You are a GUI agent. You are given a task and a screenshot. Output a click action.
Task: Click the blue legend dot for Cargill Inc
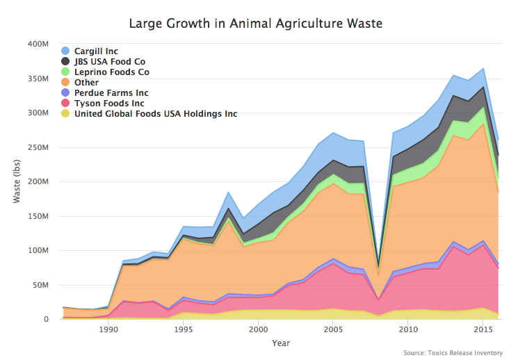[x=65, y=51]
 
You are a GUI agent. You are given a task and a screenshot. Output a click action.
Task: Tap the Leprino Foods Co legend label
[x=111, y=72]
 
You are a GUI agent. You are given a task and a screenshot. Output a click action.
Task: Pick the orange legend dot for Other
[x=65, y=82]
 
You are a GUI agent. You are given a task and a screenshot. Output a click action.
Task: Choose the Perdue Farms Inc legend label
[x=111, y=92]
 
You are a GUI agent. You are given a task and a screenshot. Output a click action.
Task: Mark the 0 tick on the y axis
[x=46, y=320]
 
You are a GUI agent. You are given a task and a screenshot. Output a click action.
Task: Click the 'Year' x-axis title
[x=281, y=343]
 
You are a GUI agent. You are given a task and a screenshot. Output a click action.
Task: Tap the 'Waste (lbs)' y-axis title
[x=17, y=181]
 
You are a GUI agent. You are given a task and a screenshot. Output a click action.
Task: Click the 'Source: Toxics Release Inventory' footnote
[x=453, y=353]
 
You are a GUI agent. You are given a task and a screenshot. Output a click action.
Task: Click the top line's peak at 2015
[x=483, y=68]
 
